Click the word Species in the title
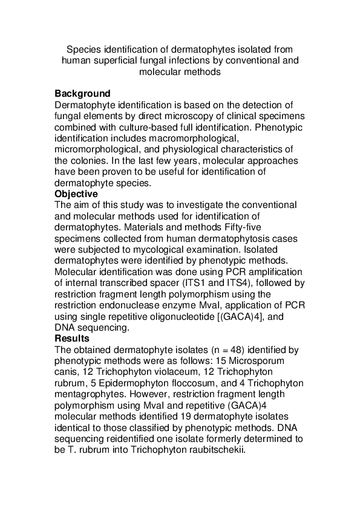pos(83,49)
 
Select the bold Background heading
pos(82,94)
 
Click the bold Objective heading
pos(76,193)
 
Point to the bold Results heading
pos(72,339)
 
